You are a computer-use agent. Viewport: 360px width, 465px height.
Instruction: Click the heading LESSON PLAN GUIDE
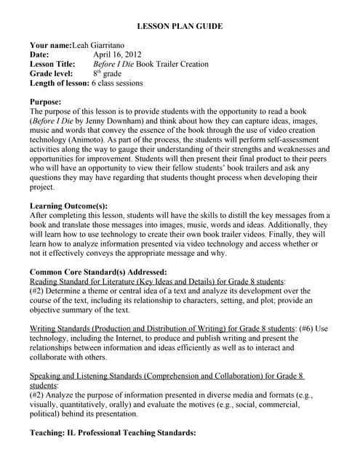tap(180, 27)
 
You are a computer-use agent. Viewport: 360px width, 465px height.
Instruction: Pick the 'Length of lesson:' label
tap(59, 83)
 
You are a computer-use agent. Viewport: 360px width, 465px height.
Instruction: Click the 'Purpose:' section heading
tap(45, 102)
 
